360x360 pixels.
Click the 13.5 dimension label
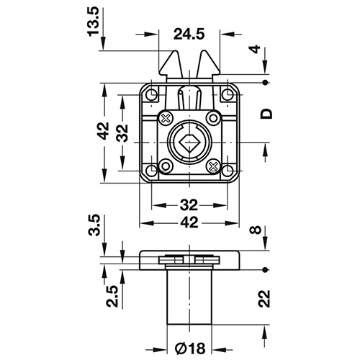94,22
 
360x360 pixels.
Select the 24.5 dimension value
189,34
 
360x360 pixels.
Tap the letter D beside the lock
266,114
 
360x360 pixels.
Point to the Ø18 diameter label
190,348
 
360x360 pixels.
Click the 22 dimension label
264,299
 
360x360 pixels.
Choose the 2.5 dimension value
112,296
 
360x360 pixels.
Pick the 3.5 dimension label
94,225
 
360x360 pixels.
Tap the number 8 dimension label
255,230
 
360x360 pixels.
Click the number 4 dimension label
256,49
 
